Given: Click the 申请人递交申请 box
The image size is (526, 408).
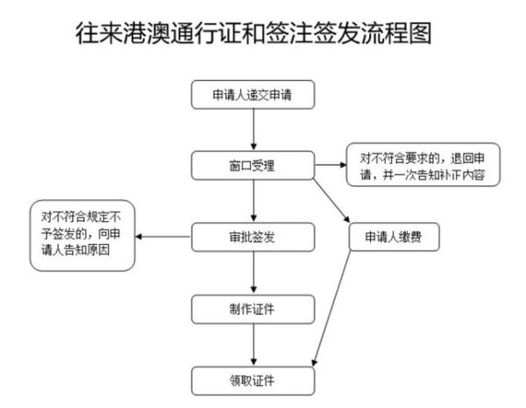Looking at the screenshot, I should click(x=252, y=94).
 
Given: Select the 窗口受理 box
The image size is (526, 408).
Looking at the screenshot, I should click(x=252, y=164).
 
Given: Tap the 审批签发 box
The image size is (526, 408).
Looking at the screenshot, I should click(x=252, y=236).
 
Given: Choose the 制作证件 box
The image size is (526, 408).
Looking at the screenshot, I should click(x=252, y=308).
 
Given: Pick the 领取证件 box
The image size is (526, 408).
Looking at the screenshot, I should click(x=252, y=380).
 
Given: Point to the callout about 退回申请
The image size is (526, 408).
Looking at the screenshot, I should click(x=423, y=164).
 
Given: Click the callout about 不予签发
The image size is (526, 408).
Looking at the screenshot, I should click(x=82, y=237).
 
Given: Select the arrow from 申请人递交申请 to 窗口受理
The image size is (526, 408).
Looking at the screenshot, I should click(x=252, y=129).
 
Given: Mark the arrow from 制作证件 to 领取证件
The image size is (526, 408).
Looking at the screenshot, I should click(x=252, y=344).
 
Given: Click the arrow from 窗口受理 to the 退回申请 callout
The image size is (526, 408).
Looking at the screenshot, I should click(x=329, y=164).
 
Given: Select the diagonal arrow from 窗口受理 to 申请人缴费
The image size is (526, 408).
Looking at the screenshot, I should click(x=332, y=199).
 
